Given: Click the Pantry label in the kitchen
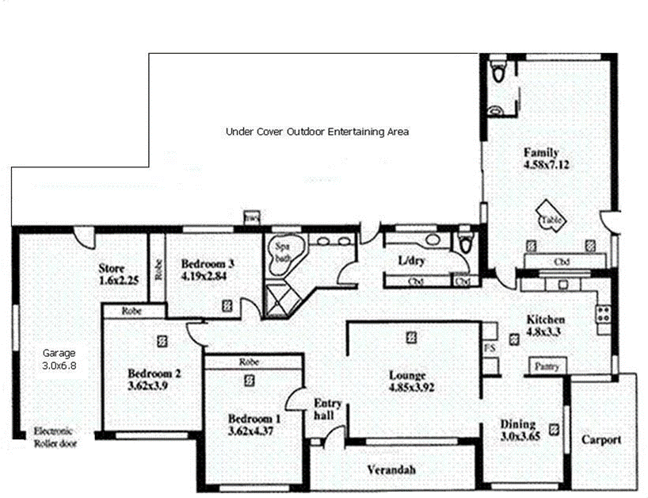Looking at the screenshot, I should click(546, 366).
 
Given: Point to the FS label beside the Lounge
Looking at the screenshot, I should click(488, 347).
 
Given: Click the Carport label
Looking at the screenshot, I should click(602, 439).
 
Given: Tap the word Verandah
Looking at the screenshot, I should click(391, 469).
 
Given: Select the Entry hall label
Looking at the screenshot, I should click(328, 408).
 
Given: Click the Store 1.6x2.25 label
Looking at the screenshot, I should click(119, 274).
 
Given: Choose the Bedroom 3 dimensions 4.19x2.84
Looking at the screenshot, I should click(205, 277).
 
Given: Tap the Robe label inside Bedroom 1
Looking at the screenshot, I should click(253, 362).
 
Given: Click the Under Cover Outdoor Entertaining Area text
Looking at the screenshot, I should click(317, 132).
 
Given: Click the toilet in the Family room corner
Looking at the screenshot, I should click(497, 73).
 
